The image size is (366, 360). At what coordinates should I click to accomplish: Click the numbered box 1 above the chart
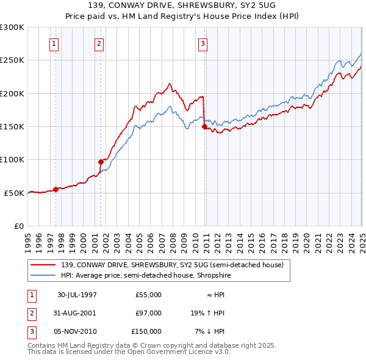(55, 43)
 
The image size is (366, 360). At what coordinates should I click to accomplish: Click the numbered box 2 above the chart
(99, 43)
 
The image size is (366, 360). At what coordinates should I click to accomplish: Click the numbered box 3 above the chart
(202, 43)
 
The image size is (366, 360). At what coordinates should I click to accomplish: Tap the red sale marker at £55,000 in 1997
(56, 189)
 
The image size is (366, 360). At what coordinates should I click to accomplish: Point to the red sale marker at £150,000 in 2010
(204, 126)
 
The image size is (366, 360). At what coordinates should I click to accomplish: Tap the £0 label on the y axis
(18, 226)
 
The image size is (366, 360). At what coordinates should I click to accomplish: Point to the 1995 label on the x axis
(28, 239)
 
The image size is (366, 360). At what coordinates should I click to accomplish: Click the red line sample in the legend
(43, 265)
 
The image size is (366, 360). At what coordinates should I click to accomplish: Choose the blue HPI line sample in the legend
(43, 276)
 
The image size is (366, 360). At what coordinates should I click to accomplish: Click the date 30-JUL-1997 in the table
(77, 295)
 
